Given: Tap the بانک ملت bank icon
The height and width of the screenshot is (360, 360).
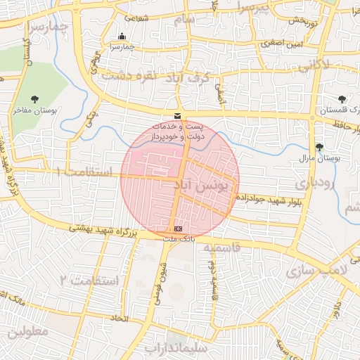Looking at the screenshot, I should [178, 229].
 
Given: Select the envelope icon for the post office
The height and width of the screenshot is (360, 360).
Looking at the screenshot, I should [176, 115].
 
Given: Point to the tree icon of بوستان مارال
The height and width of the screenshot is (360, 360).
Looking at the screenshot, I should [320, 147].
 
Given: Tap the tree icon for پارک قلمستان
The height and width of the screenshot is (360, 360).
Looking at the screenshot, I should [342, 99].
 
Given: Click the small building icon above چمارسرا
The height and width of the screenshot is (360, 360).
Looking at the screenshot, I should [123, 37].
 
